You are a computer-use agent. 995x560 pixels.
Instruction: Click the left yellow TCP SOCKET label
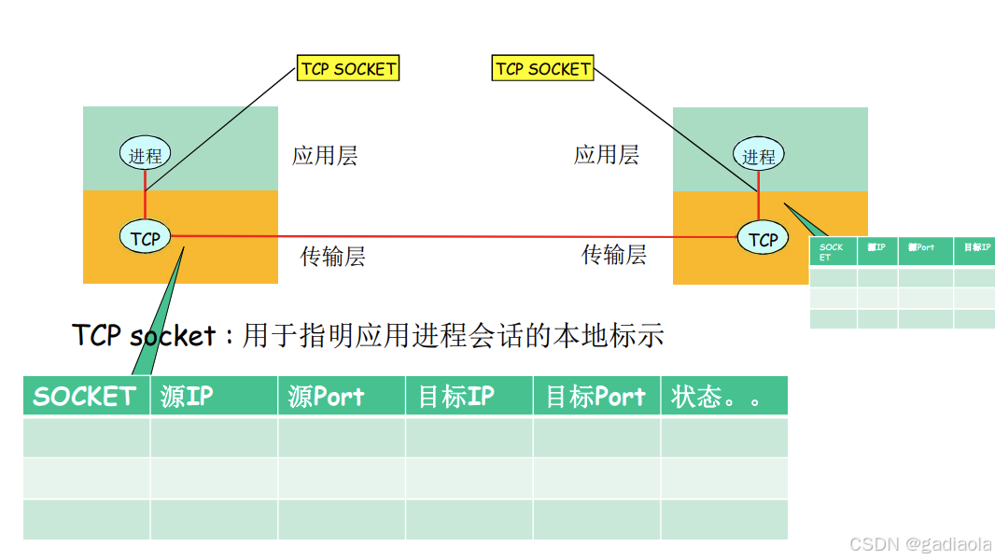click(x=348, y=68)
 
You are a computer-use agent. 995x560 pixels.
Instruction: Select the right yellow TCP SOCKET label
click(x=542, y=68)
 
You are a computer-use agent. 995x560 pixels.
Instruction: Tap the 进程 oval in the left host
click(x=145, y=155)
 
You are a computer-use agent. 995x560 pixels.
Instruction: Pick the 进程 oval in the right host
click(x=759, y=156)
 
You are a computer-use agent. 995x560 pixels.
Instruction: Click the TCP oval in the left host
click(x=145, y=238)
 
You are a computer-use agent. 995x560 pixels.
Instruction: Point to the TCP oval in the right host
click(x=763, y=239)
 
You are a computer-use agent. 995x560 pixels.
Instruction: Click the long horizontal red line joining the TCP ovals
click(x=448, y=236)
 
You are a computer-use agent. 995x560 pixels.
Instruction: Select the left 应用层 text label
click(x=325, y=156)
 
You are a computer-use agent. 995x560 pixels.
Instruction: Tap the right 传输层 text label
click(x=614, y=255)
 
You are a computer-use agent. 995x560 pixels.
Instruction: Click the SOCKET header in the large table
click(x=85, y=397)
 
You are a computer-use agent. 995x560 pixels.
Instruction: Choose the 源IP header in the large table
click(x=187, y=397)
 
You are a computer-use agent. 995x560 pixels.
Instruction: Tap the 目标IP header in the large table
click(x=455, y=397)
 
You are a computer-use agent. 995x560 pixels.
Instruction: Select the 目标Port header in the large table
click(x=596, y=397)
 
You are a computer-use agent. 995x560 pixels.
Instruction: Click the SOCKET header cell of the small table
click(x=832, y=251)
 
